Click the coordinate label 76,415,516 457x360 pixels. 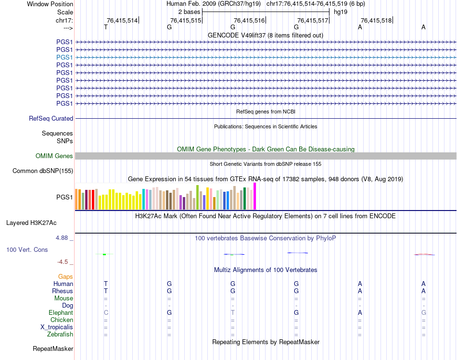coord(249,20)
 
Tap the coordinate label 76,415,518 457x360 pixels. coord(376,20)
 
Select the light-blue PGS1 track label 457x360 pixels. coord(64,57)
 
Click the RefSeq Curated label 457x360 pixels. coord(51,118)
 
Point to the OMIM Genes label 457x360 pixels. coord(54,156)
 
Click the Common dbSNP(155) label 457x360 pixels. coord(43,171)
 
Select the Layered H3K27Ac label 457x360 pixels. coord(31,223)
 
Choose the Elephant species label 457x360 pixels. coord(61,312)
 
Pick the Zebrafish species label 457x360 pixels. coord(60,334)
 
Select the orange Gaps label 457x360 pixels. coord(65,276)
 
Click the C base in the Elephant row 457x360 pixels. coord(106,312)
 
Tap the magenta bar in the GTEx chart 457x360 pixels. coord(255,196)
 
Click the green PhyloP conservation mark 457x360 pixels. coord(104,254)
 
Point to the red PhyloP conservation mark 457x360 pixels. coord(423,254)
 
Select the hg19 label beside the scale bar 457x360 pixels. coord(341,11)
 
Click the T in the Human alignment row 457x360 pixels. coord(106,284)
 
